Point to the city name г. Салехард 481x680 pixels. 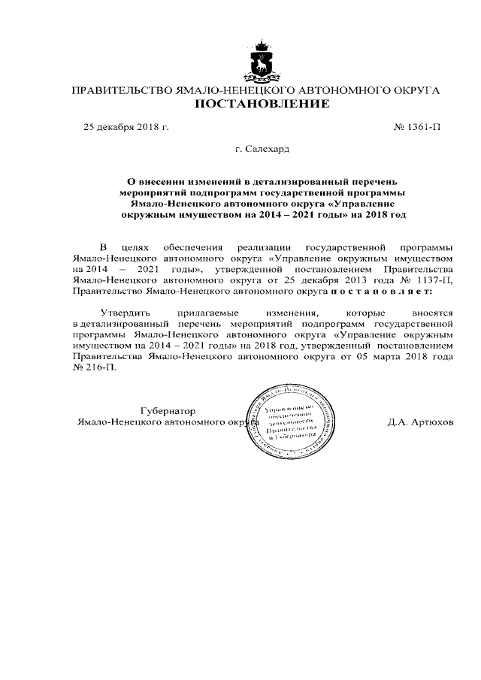tap(262, 150)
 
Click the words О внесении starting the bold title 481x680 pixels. tap(151, 181)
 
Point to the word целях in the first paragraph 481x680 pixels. tap(150, 246)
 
